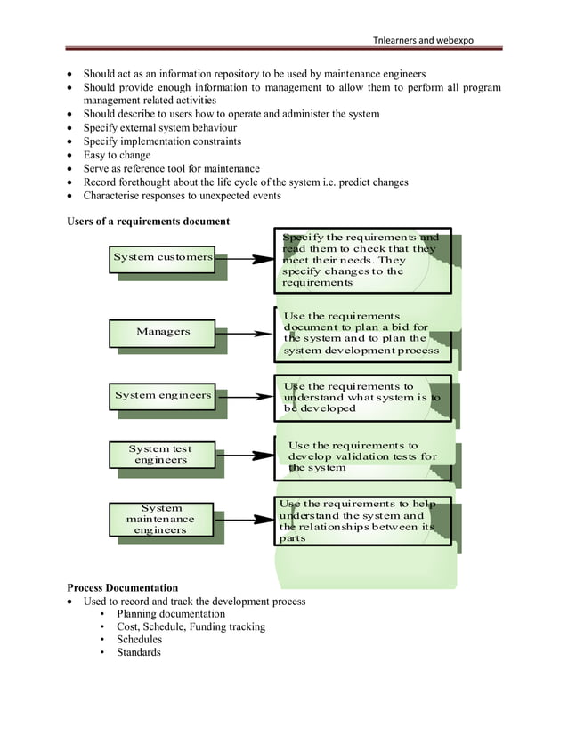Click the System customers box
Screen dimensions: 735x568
163,258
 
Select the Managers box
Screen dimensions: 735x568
163,332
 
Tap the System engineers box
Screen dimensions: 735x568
163,395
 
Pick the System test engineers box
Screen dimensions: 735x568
161,455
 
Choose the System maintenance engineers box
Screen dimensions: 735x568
161,520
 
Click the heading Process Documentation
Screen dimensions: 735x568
123,588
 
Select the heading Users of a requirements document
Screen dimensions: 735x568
149,222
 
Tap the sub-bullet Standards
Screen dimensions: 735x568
139,652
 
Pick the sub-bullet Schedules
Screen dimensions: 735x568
140,640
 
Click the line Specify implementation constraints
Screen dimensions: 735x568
162,141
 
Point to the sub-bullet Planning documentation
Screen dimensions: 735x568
171,614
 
